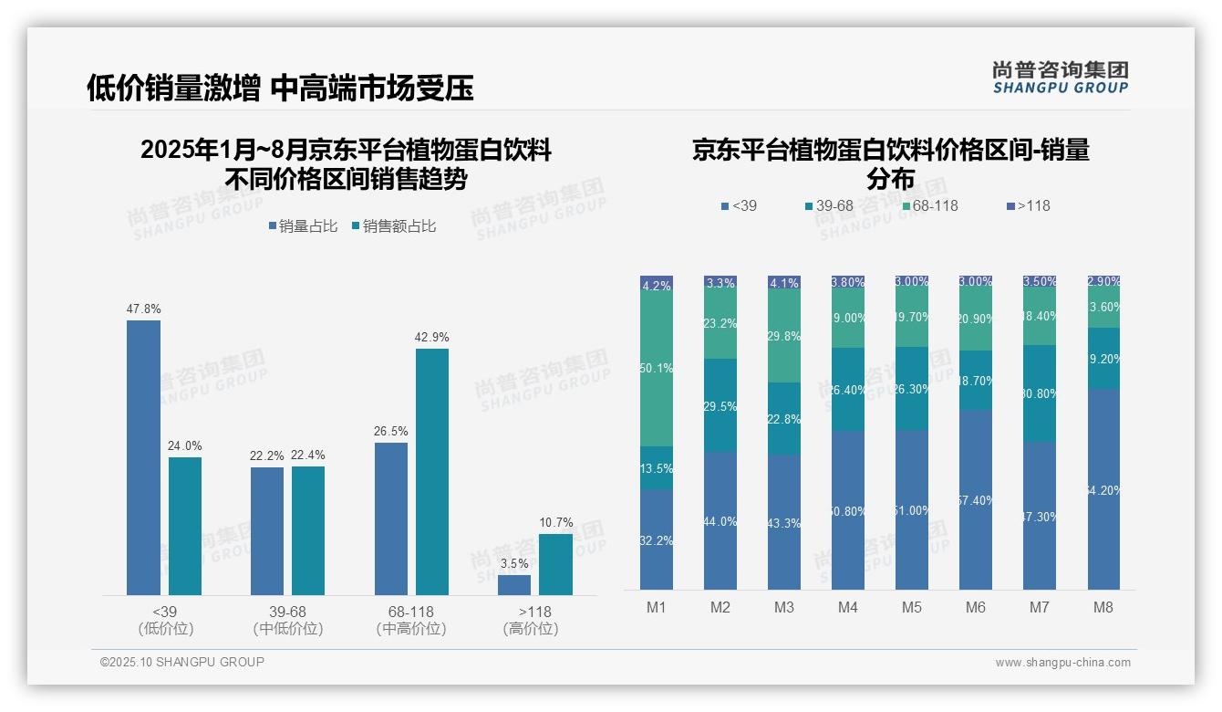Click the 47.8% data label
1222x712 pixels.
click(143, 309)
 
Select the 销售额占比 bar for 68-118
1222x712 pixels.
click(432, 471)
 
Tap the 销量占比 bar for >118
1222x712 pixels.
click(514, 584)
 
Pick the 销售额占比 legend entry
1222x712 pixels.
click(393, 226)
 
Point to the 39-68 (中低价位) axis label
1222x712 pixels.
click(287, 620)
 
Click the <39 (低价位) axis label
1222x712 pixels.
click(165, 620)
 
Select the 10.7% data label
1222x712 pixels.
click(556, 523)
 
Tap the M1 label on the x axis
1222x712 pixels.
click(657, 608)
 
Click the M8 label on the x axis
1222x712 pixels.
click(1103, 608)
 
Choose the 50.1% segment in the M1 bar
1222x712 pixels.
click(657, 368)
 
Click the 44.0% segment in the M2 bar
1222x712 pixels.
click(720, 520)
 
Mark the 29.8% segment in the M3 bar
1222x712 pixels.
click(784, 336)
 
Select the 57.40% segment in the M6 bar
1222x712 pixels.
click(976, 499)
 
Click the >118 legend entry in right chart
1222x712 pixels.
click(1029, 206)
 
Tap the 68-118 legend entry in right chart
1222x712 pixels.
click(930, 206)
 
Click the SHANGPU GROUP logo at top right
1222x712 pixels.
click(1060, 78)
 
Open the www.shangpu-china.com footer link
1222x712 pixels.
click(1062, 663)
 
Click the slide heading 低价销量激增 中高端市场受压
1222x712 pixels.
click(280, 88)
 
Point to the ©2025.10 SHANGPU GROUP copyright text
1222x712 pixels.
click(182, 662)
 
